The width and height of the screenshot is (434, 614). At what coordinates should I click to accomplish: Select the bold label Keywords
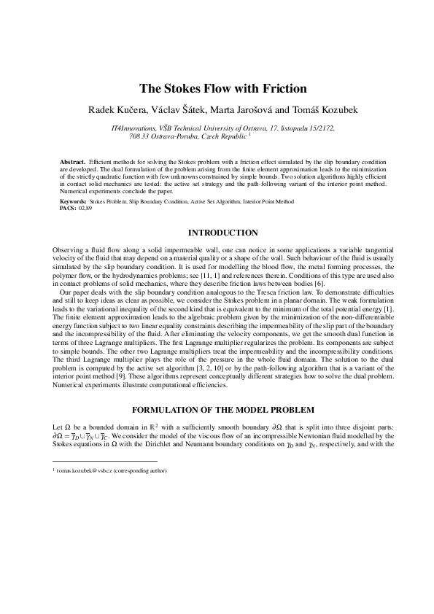point(72,200)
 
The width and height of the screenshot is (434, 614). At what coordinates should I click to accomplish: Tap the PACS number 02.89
point(85,207)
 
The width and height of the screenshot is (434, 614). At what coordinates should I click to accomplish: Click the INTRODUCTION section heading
point(222,233)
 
